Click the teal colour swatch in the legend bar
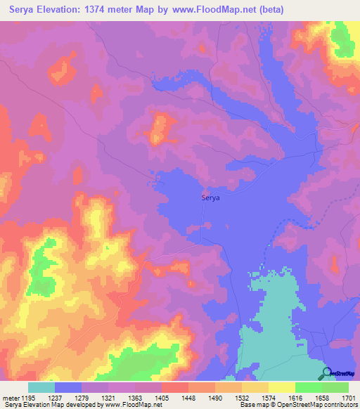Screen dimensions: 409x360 (x=41, y=387)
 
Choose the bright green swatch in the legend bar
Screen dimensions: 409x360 (x=308, y=387)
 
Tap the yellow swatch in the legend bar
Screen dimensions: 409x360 (x=281, y=387)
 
